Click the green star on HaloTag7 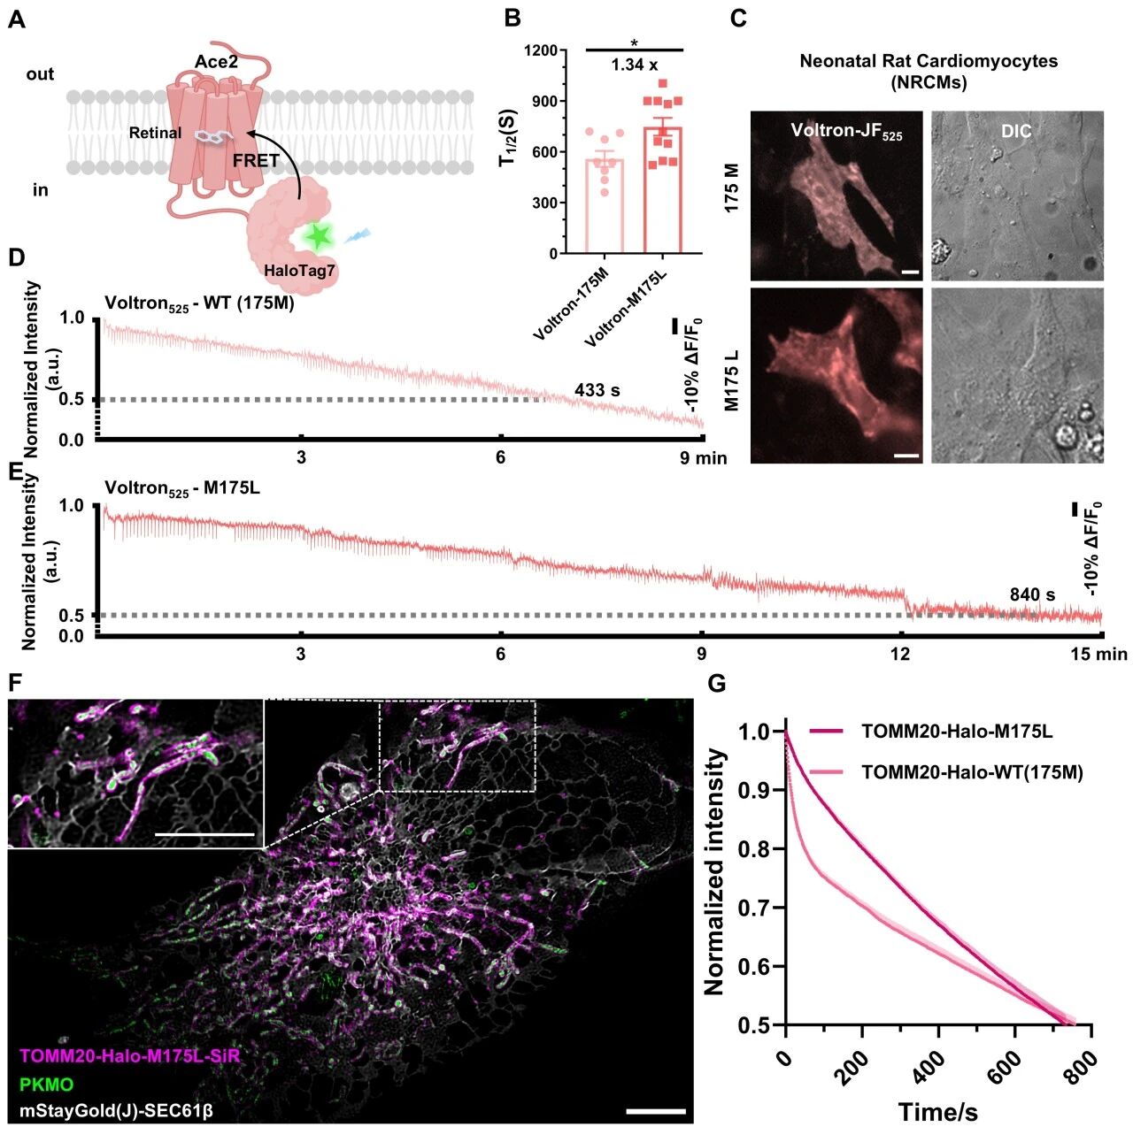318,236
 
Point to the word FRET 256,161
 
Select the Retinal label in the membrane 155,134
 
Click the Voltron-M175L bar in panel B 662,190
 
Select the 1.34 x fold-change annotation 634,65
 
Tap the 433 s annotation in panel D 597,390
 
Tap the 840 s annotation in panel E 1032,594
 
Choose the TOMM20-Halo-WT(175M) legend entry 972,772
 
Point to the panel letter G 718,683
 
